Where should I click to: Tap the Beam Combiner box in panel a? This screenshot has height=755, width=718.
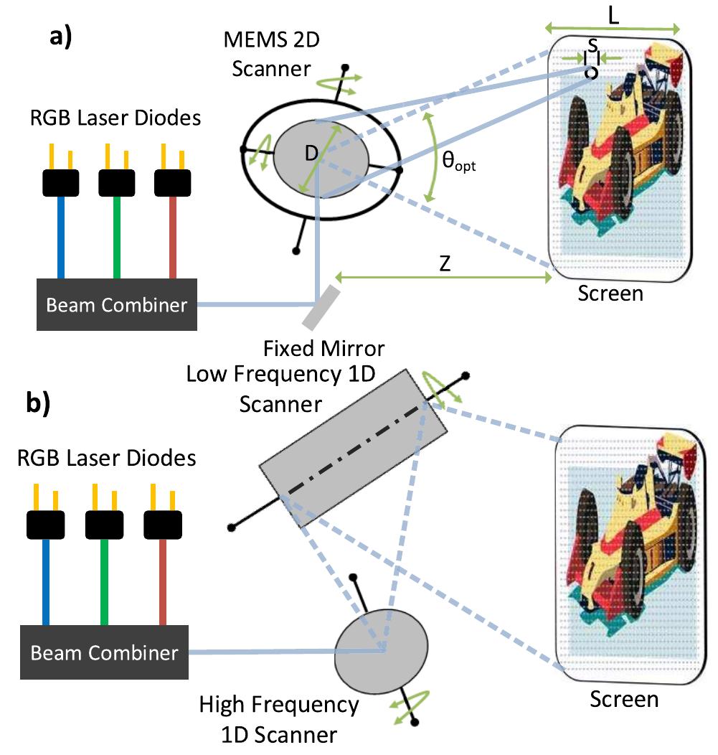117,305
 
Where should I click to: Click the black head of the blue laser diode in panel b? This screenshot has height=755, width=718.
46,526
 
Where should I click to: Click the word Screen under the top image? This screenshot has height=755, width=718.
611,293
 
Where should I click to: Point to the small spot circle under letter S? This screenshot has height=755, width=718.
590,72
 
